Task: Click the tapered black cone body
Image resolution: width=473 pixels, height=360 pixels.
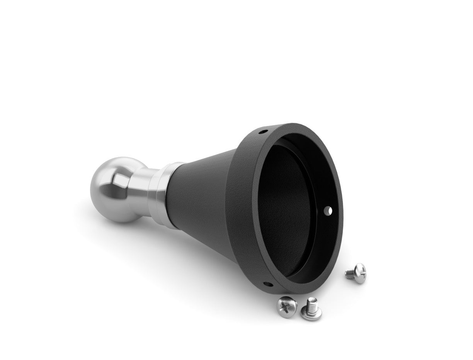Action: pos(201,201)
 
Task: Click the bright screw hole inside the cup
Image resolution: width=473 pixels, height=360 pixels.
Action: pos(329,211)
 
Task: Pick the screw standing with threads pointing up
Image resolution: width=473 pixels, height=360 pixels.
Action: pos(311,309)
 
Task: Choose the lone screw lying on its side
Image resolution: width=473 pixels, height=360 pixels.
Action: pos(356,273)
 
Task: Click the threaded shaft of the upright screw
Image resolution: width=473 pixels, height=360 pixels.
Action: pos(312,304)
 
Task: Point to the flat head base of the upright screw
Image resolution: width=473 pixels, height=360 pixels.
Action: pos(311,315)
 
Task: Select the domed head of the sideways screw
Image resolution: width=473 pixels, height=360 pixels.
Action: pos(359,272)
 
